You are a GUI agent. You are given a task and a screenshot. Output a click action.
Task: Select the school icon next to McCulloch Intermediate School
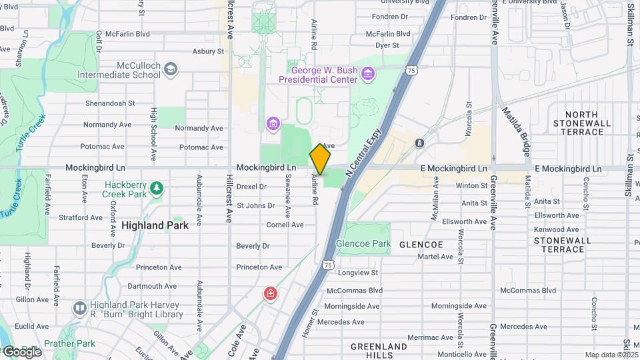pyautogui.click(x=171, y=69)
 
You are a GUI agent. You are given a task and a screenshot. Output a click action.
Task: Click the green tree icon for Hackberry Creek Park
pyautogui.click(x=156, y=188)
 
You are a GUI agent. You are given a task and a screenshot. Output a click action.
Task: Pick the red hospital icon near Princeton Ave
pyautogui.click(x=270, y=293)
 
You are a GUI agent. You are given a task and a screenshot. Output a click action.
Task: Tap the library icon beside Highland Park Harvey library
pyautogui.click(x=79, y=308)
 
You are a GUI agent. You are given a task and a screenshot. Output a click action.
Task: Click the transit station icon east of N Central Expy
pyautogui.click(x=419, y=143)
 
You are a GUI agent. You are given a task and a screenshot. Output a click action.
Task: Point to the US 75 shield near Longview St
pyautogui.click(x=327, y=265)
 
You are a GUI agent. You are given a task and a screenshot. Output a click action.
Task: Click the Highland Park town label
pyautogui.click(x=155, y=225)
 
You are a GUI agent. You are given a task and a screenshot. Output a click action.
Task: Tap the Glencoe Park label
pyautogui.click(x=364, y=244)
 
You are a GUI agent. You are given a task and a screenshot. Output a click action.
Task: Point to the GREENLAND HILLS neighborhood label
pyautogui.click(x=379, y=351)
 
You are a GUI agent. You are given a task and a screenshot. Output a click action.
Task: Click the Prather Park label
pyautogui.click(x=76, y=343)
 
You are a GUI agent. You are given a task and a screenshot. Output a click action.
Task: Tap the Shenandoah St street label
pyautogui.click(x=110, y=103)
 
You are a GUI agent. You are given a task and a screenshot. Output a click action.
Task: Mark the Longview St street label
pyautogui.click(x=358, y=272)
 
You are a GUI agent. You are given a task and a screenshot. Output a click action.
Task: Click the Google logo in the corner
pyautogui.click(x=21, y=351)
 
